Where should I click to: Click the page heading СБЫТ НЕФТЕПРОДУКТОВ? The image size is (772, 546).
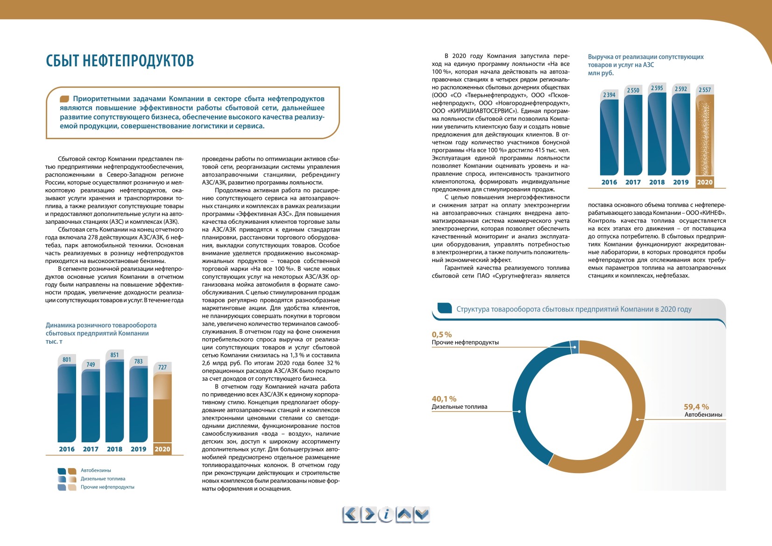(120, 61)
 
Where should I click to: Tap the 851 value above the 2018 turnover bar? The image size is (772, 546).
(114, 355)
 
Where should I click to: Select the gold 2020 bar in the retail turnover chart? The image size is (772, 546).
(163, 408)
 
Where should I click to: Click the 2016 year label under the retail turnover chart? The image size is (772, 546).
(66, 449)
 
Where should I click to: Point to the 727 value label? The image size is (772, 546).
(163, 367)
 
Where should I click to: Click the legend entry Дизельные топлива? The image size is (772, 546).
(103, 478)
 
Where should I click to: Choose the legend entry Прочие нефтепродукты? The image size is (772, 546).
(107, 487)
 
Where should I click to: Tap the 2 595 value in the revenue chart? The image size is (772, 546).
(657, 88)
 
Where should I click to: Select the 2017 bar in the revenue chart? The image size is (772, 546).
(633, 135)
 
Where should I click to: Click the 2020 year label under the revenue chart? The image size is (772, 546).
(705, 182)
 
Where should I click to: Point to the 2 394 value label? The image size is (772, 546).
(609, 95)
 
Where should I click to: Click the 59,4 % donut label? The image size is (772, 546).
(696, 407)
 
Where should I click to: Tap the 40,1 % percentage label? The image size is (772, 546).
(444, 399)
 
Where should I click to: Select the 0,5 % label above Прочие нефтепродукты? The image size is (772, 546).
(441, 334)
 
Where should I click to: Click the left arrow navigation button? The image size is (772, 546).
(350, 515)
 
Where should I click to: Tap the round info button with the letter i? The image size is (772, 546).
(386, 515)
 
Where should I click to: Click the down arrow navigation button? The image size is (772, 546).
(422, 515)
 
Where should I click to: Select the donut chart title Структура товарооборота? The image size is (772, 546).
(574, 309)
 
